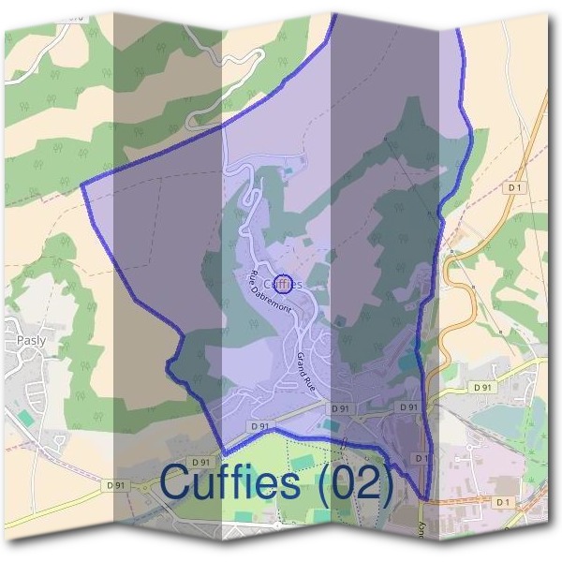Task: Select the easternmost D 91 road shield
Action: pos(482,387)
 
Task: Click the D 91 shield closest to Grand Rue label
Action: pos(340,409)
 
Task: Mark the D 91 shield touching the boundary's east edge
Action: pos(408,407)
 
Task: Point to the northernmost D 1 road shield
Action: pos(513,187)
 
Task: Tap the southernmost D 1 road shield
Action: pos(504,502)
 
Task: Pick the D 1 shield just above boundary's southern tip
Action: pos(421,458)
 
